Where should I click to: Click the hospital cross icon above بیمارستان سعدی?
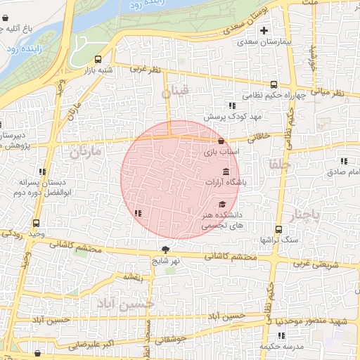click(x=264, y=30)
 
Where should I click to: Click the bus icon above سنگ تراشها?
click(x=278, y=229)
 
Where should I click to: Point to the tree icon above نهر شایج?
click(x=165, y=249)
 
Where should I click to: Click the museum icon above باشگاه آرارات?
click(x=226, y=172)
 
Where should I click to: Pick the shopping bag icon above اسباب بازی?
click(x=221, y=141)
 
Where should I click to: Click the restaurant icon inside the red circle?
click(x=138, y=213)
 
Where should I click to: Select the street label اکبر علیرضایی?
click(x=89, y=345)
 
